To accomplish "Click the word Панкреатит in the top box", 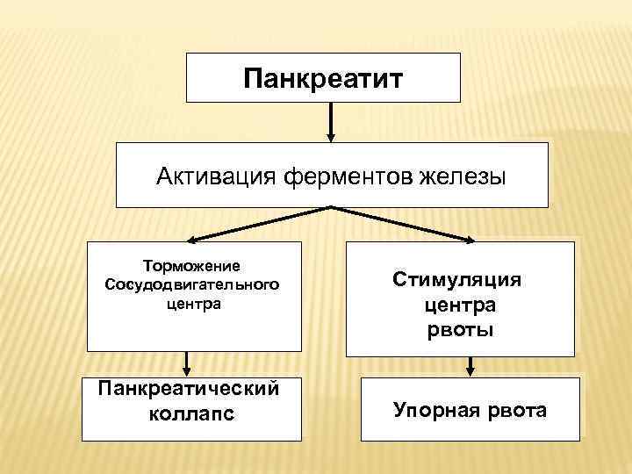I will point(323,80).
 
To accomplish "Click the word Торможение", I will point(193,265).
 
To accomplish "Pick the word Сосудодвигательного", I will point(193,284).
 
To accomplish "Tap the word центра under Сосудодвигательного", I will point(193,304).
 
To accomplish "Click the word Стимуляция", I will point(456,280).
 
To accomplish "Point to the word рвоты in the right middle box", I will point(460,330).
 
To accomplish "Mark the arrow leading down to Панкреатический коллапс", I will point(186,363).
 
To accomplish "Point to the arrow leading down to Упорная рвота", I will point(470,364).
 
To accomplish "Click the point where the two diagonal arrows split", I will point(331,207).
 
